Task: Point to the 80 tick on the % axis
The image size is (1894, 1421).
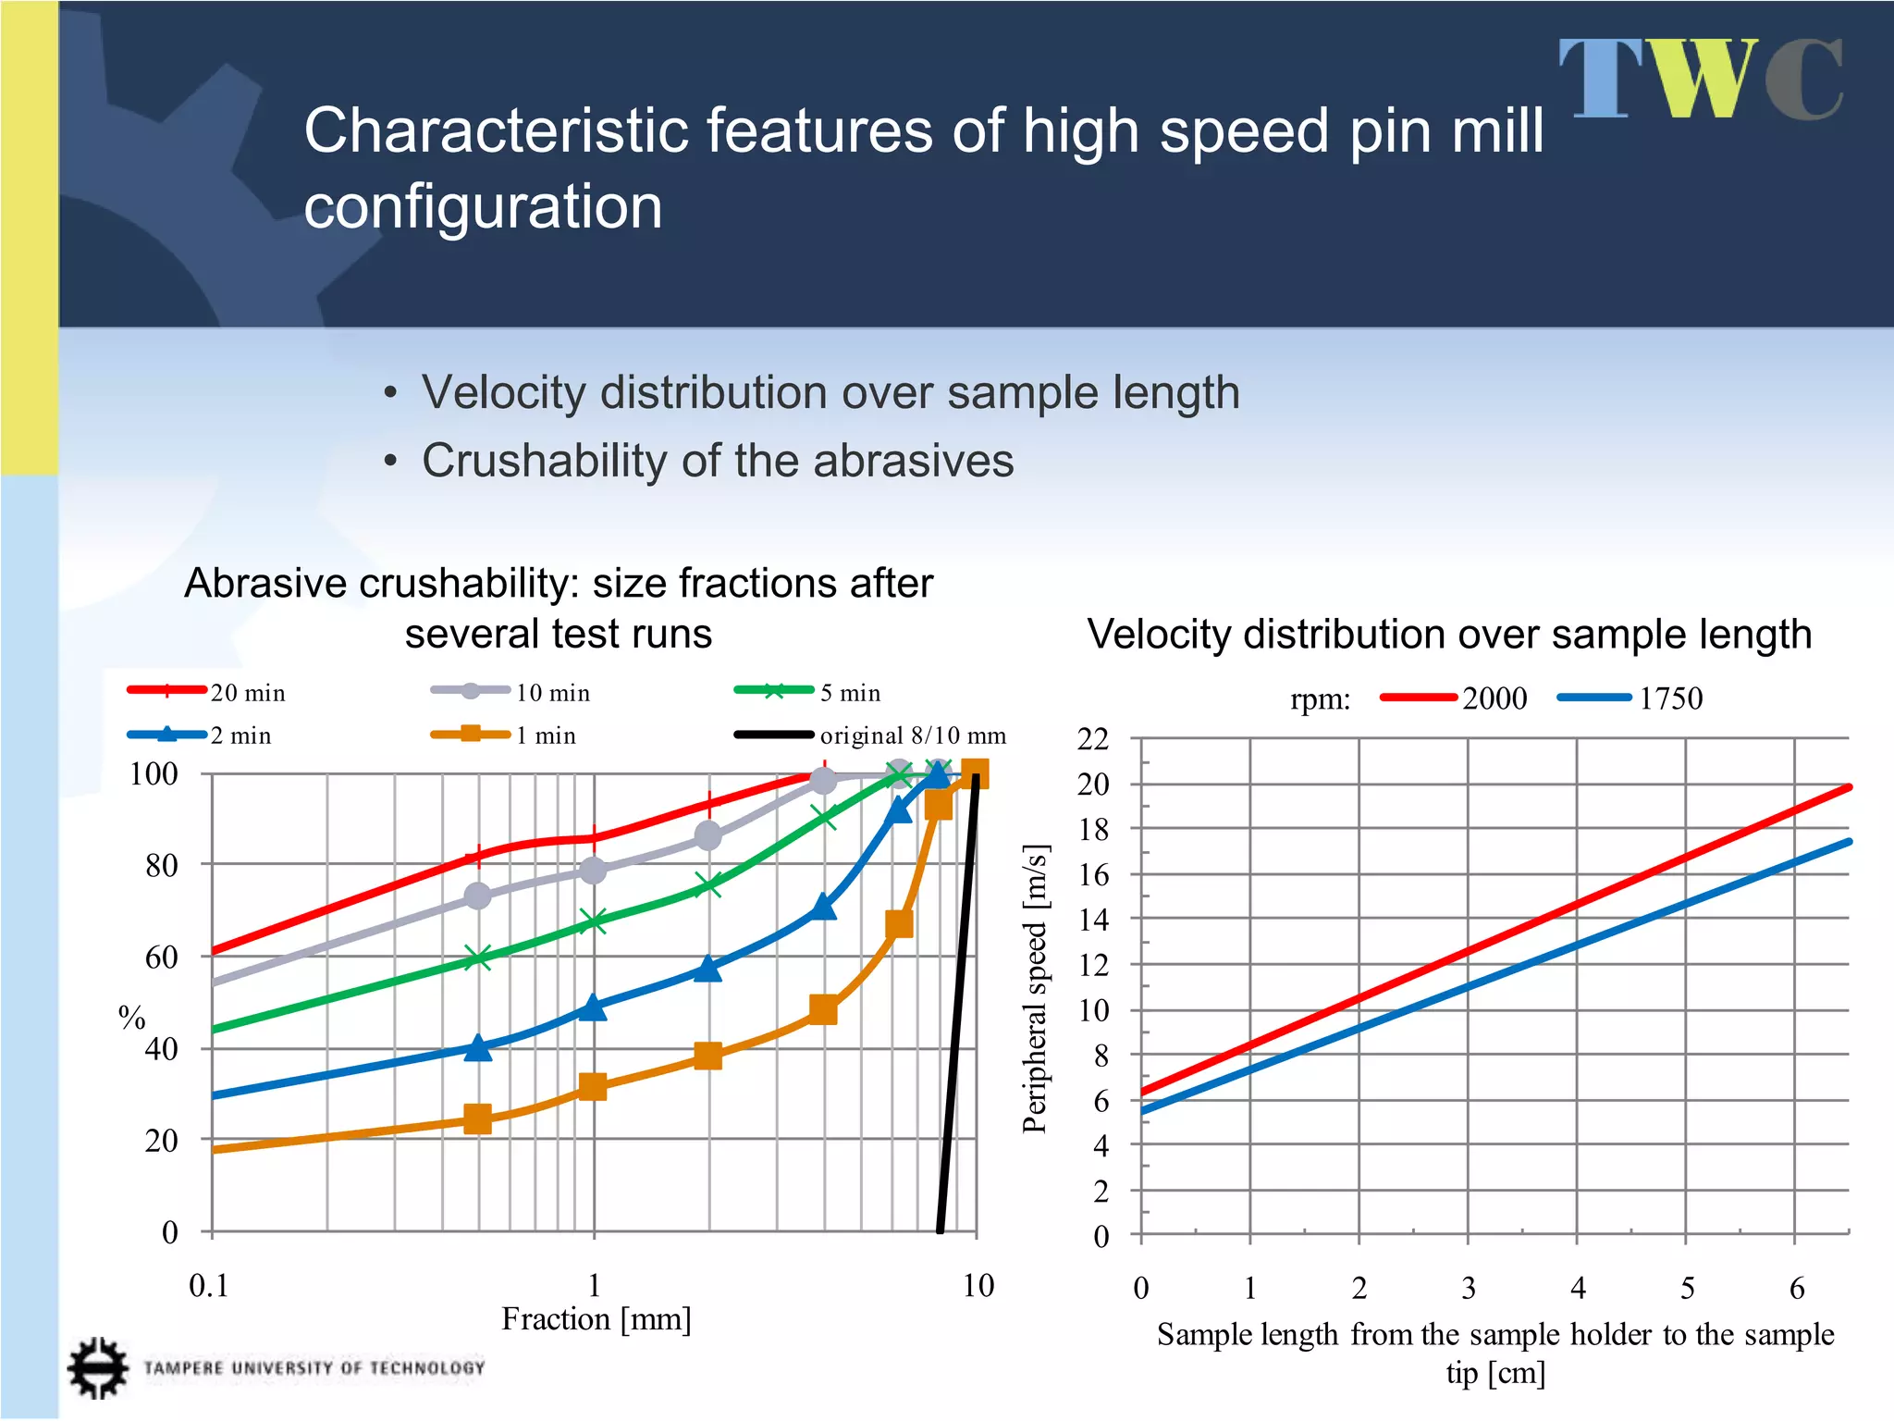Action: point(161,866)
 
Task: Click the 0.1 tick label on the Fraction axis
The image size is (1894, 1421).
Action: point(208,1285)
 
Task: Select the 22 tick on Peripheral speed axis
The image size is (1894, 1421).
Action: point(1092,739)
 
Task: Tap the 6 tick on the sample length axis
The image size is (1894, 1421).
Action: point(1796,1288)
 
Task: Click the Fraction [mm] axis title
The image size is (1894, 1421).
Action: point(596,1319)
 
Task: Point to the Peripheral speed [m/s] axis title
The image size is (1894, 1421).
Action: point(1034,988)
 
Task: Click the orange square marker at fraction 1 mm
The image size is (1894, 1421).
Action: point(592,1087)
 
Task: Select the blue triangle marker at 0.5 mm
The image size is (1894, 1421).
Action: point(477,1048)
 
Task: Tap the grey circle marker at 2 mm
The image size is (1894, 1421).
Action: point(707,836)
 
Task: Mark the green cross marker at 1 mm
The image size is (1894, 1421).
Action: point(593,921)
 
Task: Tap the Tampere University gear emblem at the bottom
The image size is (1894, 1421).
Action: point(97,1367)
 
